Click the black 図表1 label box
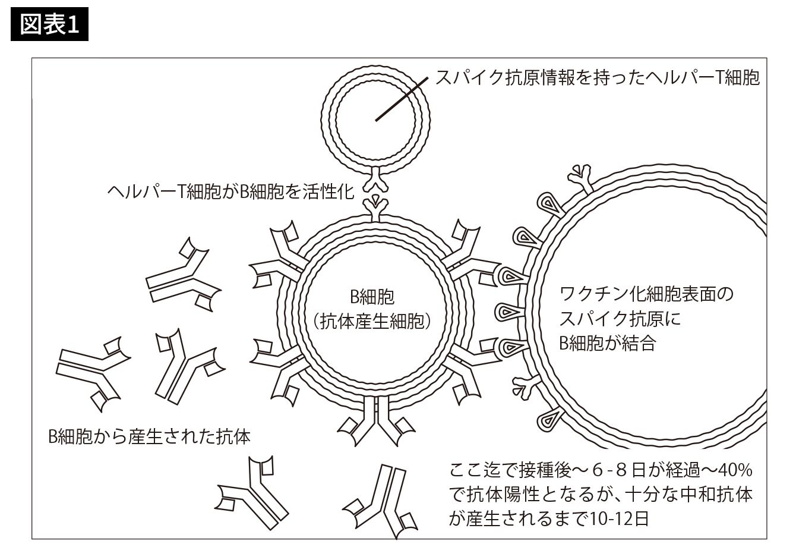point(49,24)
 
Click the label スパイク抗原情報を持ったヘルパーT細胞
point(598,78)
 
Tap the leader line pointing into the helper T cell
point(402,99)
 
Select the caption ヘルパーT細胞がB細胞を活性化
point(230,191)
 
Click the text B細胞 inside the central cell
point(372,297)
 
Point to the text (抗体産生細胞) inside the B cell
point(372,321)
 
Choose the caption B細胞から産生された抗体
point(149,437)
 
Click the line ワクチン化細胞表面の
point(646,294)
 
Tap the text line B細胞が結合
point(607,343)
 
